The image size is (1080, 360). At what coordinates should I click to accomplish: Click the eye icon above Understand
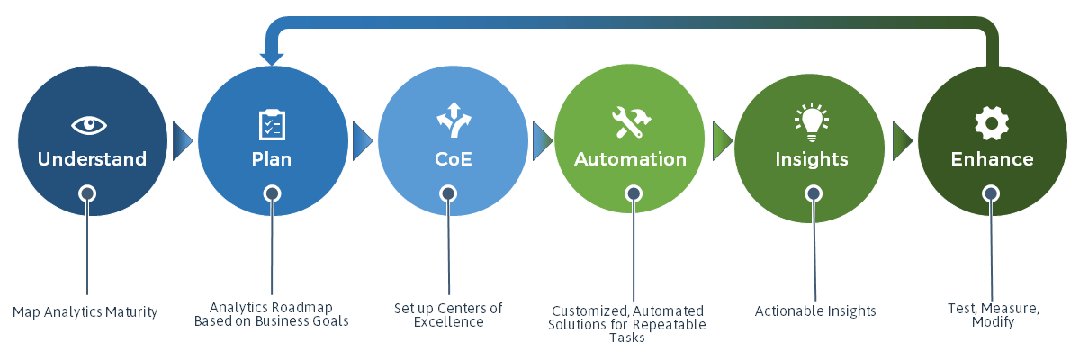click(89, 125)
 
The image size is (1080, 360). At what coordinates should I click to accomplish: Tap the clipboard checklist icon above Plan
click(272, 125)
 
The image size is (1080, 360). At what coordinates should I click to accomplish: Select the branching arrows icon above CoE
click(454, 120)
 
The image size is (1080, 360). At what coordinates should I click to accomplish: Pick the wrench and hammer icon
click(631, 122)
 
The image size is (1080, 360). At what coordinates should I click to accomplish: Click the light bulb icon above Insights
click(812, 121)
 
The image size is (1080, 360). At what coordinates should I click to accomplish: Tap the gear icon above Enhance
click(992, 123)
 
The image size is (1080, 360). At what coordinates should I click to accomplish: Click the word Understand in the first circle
click(92, 159)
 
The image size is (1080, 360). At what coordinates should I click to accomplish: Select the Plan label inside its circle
click(272, 159)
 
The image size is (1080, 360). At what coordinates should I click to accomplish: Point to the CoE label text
click(454, 159)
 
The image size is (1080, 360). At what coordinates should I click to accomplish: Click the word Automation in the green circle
click(630, 159)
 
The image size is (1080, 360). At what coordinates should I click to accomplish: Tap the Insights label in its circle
click(812, 159)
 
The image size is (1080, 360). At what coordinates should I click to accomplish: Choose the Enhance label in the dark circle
click(992, 159)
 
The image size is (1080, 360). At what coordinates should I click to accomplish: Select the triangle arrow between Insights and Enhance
click(903, 140)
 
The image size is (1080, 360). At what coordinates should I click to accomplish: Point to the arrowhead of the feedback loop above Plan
click(272, 58)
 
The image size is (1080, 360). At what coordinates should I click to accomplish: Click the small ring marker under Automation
click(634, 193)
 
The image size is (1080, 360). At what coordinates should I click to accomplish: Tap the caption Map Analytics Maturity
click(85, 312)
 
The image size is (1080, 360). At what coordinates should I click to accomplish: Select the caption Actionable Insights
click(815, 311)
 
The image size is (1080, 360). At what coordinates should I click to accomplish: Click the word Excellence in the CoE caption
click(448, 322)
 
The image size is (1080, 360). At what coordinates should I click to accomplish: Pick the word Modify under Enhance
click(994, 322)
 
